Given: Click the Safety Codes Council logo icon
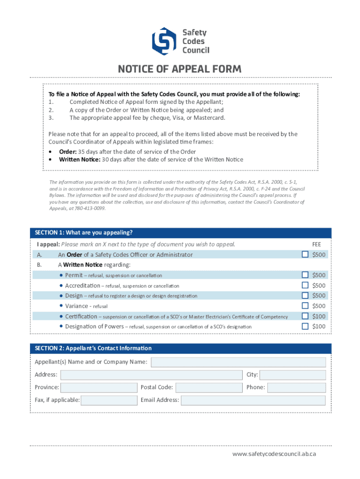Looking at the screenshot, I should pyautogui.click(x=164, y=41).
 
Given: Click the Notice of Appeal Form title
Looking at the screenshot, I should pyautogui.click(x=180, y=69).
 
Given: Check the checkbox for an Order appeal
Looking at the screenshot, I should pyautogui.click(x=305, y=254).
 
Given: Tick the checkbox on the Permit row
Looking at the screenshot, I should pyautogui.click(x=305, y=275).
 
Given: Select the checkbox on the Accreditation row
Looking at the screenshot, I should pyautogui.click(x=305, y=285).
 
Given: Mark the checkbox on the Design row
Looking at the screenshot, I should pyautogui.click(x=305, y=295).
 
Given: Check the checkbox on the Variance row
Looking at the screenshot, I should pyautogui.click(x=305, y=305).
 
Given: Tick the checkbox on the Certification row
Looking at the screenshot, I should pyautogui.click(x=305, y=316).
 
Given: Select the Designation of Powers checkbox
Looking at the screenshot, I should pyautogui.click(x=305, y=326).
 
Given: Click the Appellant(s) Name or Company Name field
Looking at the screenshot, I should pyautogui.click(x=238, y=362).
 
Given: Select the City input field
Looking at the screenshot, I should pyautogui.click(x=293, y=375).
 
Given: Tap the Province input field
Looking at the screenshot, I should pyautogui.click(x=99, y=387).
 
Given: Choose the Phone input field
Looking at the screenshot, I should pyautogui.click(x=296, y=387).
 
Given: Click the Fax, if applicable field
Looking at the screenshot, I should pyautogui.click(x=109, y=400).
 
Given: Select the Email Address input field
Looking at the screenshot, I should pyautogui.click(x=253, y=400).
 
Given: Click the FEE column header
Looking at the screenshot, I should pyautogui.click(x=317, y=244).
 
